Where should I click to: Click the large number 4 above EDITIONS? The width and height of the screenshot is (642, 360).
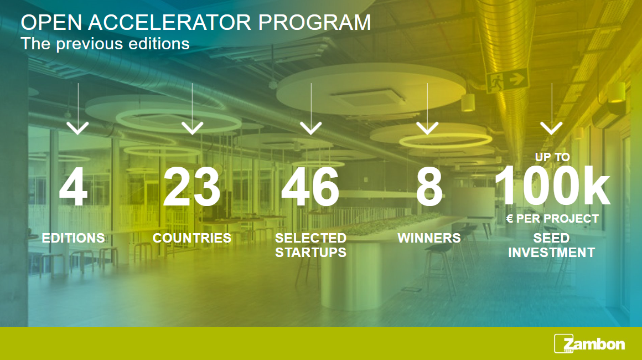coord(73,187)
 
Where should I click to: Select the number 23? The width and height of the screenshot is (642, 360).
coord(191,187)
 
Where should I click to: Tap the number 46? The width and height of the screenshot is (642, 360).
coord(310,187)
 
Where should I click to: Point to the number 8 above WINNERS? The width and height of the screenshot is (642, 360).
coord(429,187)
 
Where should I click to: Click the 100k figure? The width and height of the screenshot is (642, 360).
coord(552,186)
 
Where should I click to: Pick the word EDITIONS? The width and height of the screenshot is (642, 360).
coord(73,238)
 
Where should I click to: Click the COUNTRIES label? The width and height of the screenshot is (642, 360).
coord(192,238)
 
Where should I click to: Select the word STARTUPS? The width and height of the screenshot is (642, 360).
coord(311,253)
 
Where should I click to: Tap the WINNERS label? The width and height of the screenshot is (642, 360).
coord(429,238)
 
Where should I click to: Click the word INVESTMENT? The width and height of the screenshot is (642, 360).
coord(552,253)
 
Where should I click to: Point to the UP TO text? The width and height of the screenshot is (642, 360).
coord(552,157)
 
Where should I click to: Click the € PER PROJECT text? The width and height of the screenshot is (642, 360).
coord(552,219)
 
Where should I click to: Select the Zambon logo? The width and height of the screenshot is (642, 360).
coord(589,343)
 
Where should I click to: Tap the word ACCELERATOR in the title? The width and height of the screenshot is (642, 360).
coord(169,23)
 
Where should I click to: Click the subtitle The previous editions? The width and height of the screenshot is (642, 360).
coord(105,44)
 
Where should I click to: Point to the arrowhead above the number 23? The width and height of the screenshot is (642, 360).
coord(192,128)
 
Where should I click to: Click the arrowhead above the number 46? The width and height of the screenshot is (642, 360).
coord(311,128)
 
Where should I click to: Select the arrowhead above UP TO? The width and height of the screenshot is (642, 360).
coord(552,128)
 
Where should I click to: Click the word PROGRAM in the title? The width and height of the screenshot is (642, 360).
coord(314,23)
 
